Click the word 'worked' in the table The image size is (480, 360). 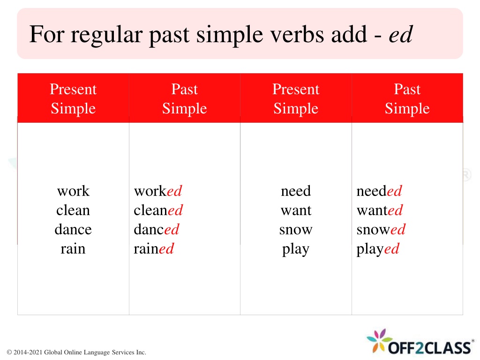(x=158, y=191)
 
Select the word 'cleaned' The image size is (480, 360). (x=158, y=210)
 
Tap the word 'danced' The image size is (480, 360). (x=157, y=230)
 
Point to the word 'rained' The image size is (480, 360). (x=154, y=248)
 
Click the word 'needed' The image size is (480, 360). (x=379, y=191)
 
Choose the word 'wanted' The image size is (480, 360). (x=380, y=210)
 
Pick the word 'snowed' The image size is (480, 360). (x=381, y=230)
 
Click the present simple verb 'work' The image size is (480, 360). (x=73, y=191)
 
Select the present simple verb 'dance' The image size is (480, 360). (x=73, y=230)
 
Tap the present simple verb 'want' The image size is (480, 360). (x=296, y=211)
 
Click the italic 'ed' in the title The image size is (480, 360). (x=401, y=34)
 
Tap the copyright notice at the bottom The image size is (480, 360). (x=76, y=352)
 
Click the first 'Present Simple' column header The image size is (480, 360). (x=73, y=98)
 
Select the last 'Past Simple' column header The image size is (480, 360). (x=407, y=98)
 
